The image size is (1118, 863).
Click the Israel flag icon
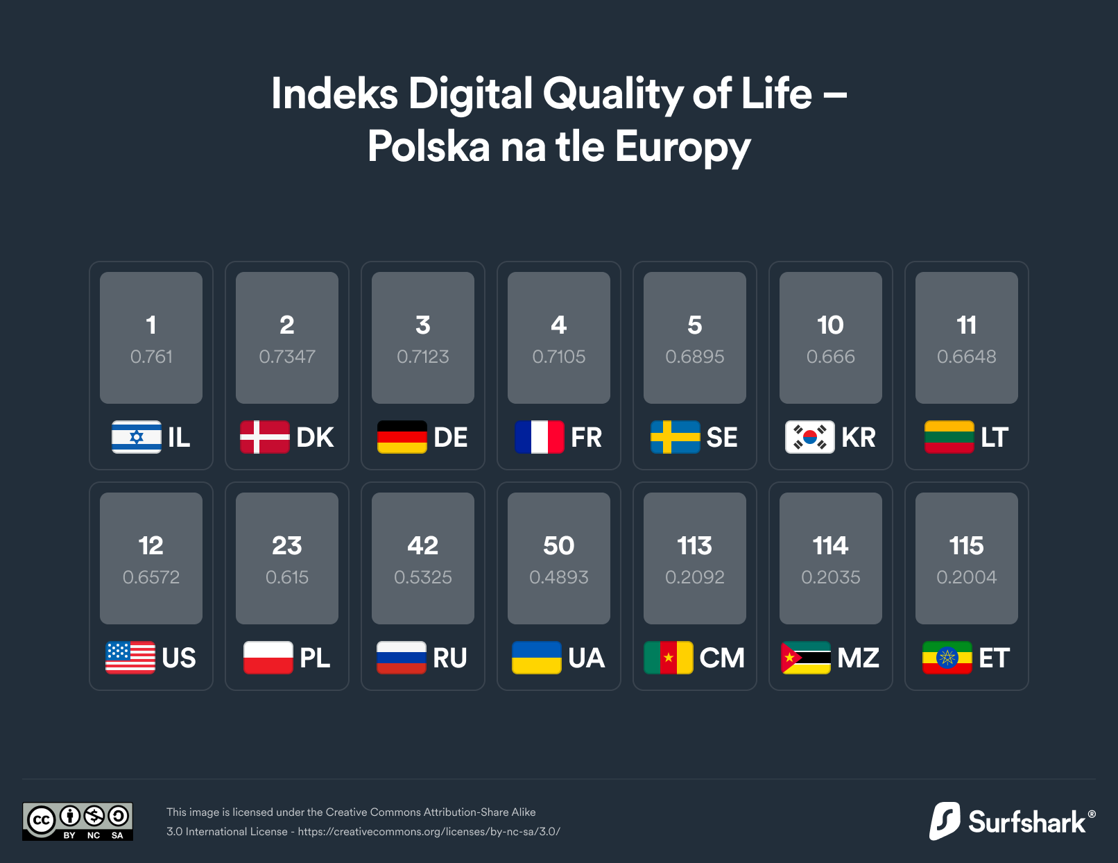(137, 437)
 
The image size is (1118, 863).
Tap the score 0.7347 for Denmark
(287, 357)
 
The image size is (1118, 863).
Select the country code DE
(451, 437)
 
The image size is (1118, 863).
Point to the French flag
(540, 437)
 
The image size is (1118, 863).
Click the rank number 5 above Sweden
(695, 325)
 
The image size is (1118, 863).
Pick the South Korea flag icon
(809, 437)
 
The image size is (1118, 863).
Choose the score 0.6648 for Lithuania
(967, 357)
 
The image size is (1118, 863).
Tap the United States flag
(130, 658)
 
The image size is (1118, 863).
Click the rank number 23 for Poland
(287, 545)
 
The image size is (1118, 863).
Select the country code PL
(315, 658)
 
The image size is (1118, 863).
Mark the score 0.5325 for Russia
(423, 577)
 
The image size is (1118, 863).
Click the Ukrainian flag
(537, 658)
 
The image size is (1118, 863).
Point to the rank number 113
(695, 545)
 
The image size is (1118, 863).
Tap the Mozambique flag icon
(806, 658)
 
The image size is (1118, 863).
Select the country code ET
(994, 658)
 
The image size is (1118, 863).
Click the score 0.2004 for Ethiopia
(967, 577)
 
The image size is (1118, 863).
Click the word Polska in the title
(429, 147)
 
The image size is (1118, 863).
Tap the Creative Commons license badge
(78, 821)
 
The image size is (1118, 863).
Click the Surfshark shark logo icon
(945, 821)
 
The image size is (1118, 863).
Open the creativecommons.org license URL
(429, 831)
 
